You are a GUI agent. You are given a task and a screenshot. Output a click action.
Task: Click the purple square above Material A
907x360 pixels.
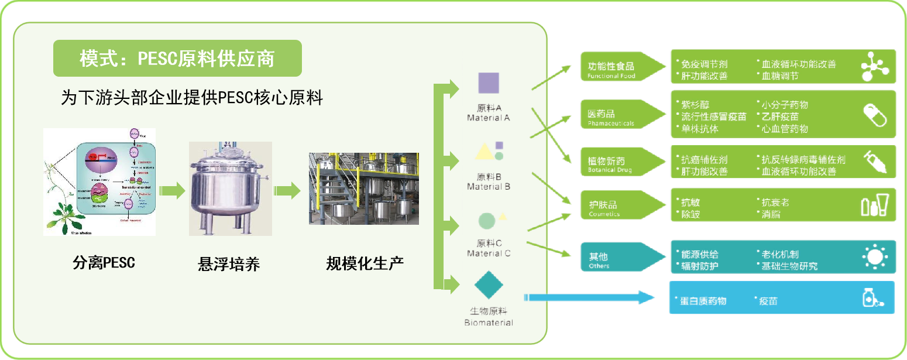pyautogui.click(x=489, y=83)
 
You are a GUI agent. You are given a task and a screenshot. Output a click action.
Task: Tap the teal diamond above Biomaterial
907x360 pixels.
pyautogui.click(x=489, y=285)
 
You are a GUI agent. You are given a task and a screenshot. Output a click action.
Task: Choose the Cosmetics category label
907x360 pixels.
pyautogui.click(x=609, y=208)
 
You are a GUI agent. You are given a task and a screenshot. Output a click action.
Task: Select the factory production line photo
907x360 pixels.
pyautogui.click(x=363, y=188)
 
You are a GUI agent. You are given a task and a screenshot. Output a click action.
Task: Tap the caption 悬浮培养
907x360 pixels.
pyautogui.click(x=228, y=265)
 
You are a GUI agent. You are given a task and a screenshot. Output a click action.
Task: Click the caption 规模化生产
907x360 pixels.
pyautogui.click(x=365, y=263)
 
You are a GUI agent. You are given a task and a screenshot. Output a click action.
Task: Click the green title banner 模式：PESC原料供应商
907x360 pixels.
pyautogui.click(x=177, y=59)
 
